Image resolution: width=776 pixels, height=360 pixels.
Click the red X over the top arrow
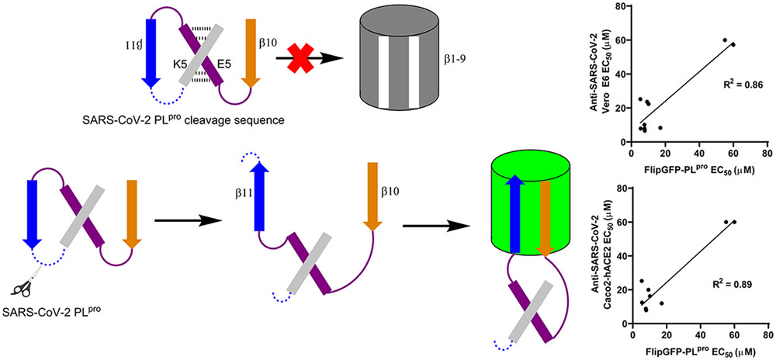[298, 60]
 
